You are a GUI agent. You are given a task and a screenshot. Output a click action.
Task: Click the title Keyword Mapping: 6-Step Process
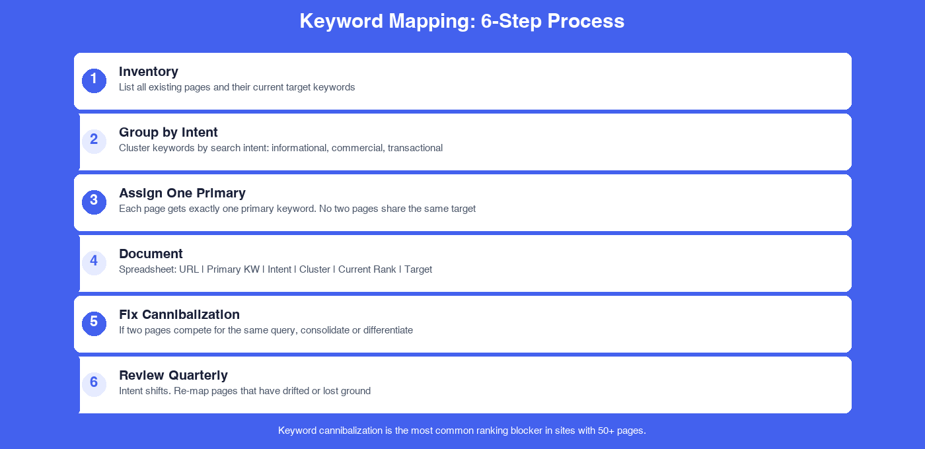click(462, 21)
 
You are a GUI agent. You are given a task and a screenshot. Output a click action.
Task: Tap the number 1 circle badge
click(94, 81)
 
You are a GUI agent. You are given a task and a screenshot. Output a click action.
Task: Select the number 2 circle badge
click(94, 141)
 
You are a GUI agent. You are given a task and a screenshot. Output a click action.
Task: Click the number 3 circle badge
click(94, 202)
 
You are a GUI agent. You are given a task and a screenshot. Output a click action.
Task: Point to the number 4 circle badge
click(94, 263)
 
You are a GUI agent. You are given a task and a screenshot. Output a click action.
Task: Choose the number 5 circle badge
click(94, 324)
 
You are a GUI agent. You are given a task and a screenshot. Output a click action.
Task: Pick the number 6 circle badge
click(94, 384)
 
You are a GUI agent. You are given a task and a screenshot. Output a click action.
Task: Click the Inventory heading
click(149, 71)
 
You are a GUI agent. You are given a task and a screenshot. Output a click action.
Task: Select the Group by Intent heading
click(168, 132)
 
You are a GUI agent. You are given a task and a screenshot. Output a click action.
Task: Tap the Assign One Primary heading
click(182, 193)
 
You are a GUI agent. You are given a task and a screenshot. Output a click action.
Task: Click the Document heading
click(151, 254)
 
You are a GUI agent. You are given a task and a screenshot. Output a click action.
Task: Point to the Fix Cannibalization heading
click(179, 314)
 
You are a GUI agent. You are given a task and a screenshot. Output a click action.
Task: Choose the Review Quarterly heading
click(173, 375)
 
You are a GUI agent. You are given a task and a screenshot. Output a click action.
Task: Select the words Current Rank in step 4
click(367, 269)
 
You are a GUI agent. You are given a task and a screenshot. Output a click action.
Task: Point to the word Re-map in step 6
click(190, 391)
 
